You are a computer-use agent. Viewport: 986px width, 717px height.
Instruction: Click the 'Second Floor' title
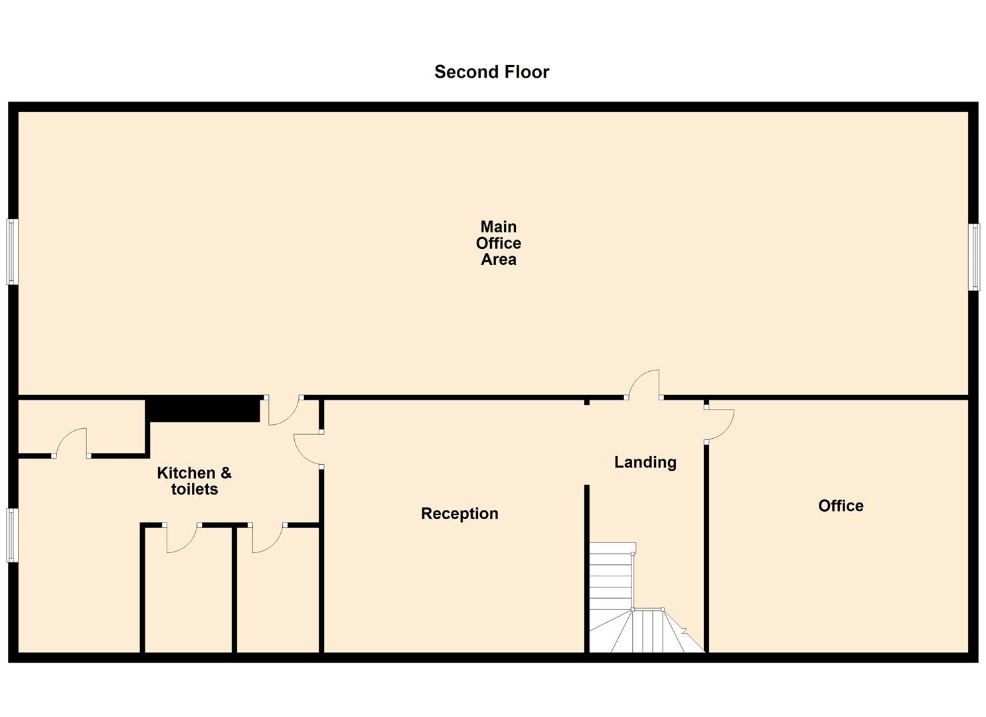491,72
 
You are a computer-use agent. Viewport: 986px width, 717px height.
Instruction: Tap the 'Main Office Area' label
498,243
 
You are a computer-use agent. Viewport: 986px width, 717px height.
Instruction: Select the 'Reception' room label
459,513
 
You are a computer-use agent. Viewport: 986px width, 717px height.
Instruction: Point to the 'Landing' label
645,462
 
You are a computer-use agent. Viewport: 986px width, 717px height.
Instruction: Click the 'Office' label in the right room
841,506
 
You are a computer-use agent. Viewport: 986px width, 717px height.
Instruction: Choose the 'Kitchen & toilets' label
194,481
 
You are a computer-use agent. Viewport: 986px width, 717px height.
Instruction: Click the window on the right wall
973,257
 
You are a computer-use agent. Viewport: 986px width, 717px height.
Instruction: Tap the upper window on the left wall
12,252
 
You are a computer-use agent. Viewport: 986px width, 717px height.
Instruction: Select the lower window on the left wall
12,535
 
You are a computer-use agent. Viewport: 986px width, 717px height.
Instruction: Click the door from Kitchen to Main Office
284,410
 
